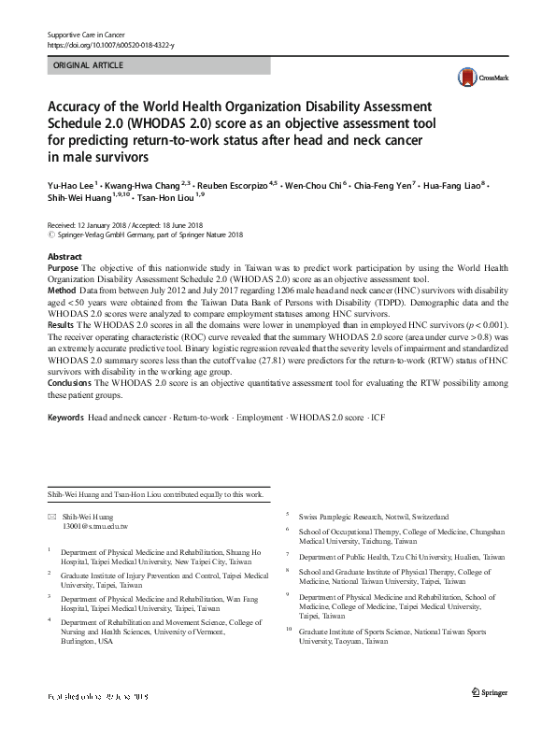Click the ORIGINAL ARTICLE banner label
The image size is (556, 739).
[90, 66]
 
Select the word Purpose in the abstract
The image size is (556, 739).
[63, 268]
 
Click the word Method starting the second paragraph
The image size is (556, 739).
[62, 291]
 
